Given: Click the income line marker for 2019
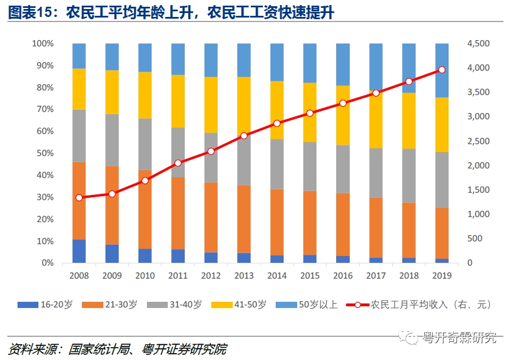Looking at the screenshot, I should (442, 70).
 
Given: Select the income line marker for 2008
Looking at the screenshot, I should (79, 198).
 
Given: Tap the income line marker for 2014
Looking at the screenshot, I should (277, 123).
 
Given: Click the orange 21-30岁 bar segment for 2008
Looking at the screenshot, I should (79, 201).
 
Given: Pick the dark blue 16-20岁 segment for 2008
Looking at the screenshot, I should (79, 251).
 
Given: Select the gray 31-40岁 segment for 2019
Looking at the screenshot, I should (442, 180).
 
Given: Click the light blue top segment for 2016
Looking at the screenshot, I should (343, 64).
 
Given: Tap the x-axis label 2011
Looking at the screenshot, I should (178, 276).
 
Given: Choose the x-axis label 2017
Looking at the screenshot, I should (376, 276).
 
